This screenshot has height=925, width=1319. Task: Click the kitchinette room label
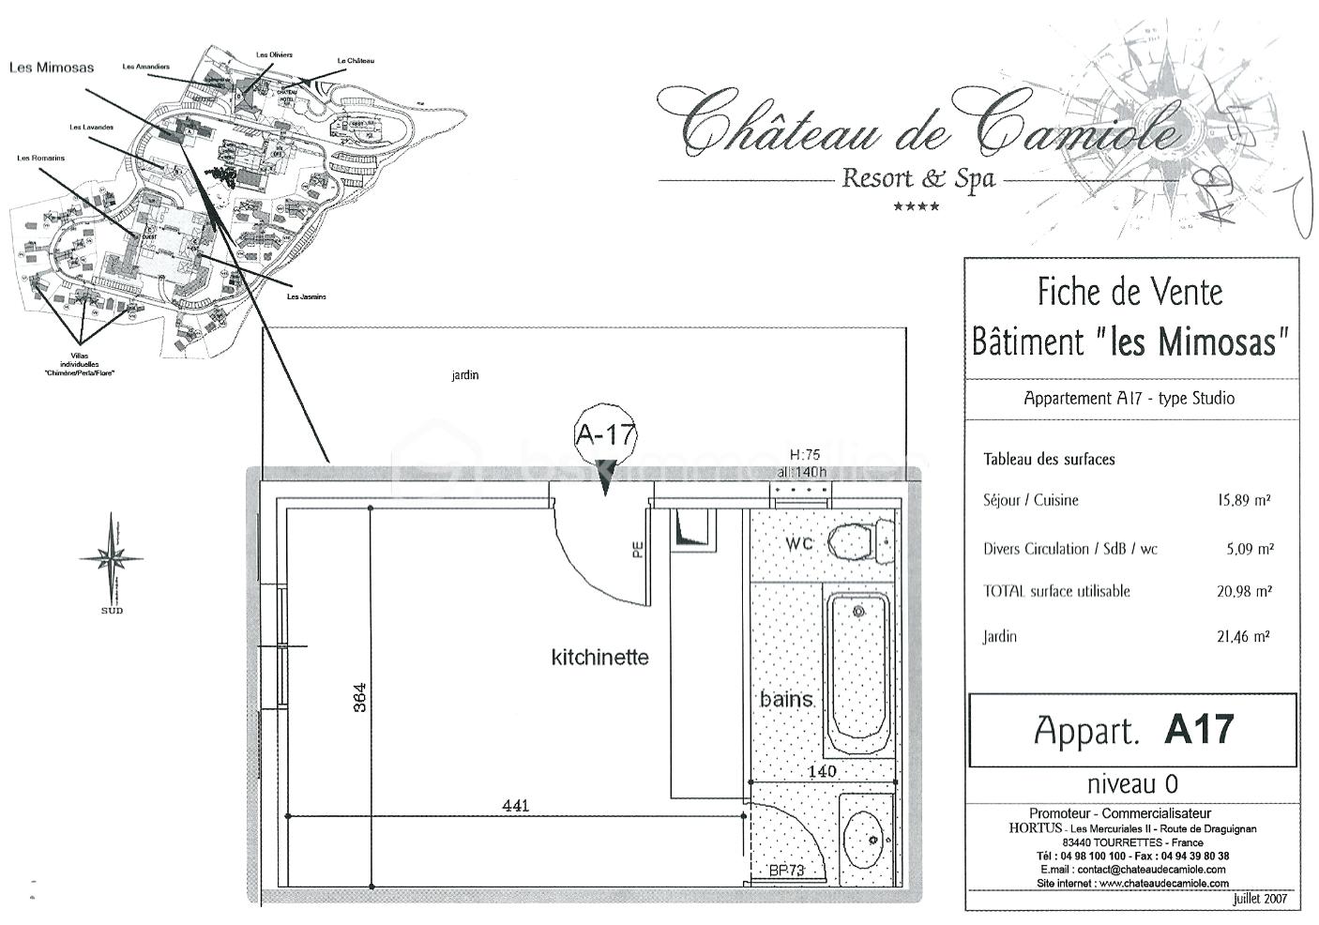point(599,657)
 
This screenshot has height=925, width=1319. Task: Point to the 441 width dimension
point(516,805)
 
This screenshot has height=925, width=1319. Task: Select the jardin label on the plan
point(464,375)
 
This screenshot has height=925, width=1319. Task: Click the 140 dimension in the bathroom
point(822,771)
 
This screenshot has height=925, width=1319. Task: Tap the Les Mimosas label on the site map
point(52,68)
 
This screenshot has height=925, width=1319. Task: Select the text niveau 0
point(1131,783)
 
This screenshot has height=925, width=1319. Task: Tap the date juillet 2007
point(1260,898)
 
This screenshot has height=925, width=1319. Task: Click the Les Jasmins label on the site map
point(307,296)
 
